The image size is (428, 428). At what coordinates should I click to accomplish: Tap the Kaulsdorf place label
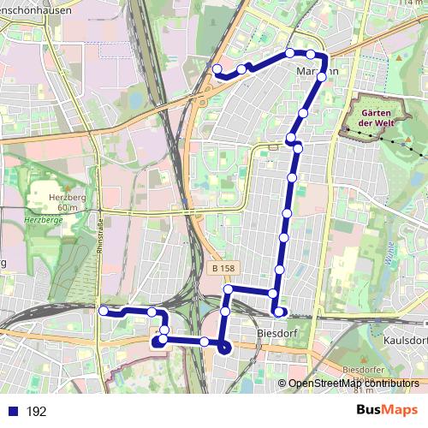coord(405,339)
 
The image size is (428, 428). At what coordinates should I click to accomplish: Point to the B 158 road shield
coord(222,269)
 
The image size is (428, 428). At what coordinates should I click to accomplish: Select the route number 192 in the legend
coord(36,411)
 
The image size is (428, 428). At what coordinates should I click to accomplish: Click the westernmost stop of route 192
coord(104,312)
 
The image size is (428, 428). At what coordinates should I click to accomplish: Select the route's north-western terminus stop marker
coord(217,69)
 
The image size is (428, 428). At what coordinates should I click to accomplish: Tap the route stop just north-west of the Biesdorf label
coord(273,294)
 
